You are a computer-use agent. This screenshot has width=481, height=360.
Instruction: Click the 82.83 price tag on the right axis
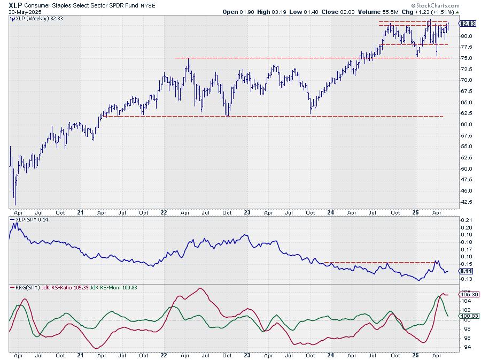[x=468, y=24]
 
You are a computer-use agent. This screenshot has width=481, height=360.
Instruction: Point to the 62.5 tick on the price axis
[x=467, y=113]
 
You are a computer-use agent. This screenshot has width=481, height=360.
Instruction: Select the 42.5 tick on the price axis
[x=467, y=202]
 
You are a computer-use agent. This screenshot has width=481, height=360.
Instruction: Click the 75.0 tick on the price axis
[x=467, y=58]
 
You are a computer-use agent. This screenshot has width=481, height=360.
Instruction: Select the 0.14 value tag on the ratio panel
[x=466, y=271]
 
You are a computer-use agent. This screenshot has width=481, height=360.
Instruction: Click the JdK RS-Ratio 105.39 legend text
[x=69, y=288]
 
